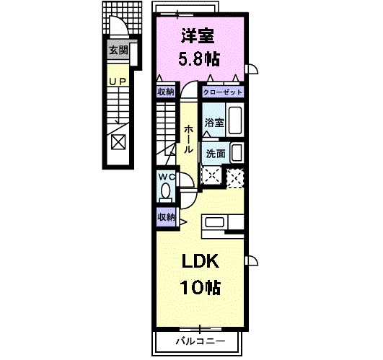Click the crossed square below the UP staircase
(118, 141)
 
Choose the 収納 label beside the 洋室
(166, 92)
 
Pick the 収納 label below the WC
(166, 217)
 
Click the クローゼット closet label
(222, 92)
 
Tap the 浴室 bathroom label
(213, 123)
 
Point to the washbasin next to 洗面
(237, 153)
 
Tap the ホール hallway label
(188, 138)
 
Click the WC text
(166, 177)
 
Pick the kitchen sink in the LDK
(216, 223)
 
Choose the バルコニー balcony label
(200, 341)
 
